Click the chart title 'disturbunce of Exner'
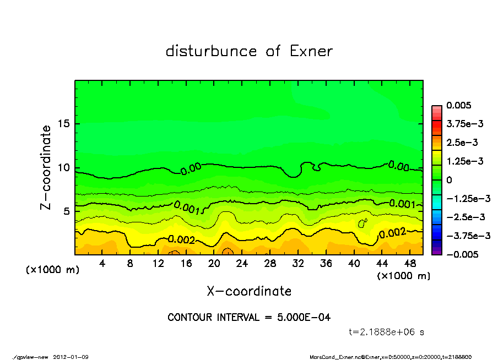click(x=249, y=51)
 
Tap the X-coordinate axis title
click(x=249, y=291)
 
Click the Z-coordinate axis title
click(x=46, y=167)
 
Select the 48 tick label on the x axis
click(x=409, y=263)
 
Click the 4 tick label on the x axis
click(x=102, y=263)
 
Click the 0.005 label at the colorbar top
click(x=459, y=106)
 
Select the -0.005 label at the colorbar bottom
click(x=461, y=254)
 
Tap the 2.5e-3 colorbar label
click(x=462, y=143)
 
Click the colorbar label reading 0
click(x=450, y=180)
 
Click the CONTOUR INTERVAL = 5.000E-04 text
click(x=249, y=317)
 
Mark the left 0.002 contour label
click(x=182, y=239)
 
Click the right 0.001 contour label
click(x=402, y=204)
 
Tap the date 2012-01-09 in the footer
click(x=71, y=357)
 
